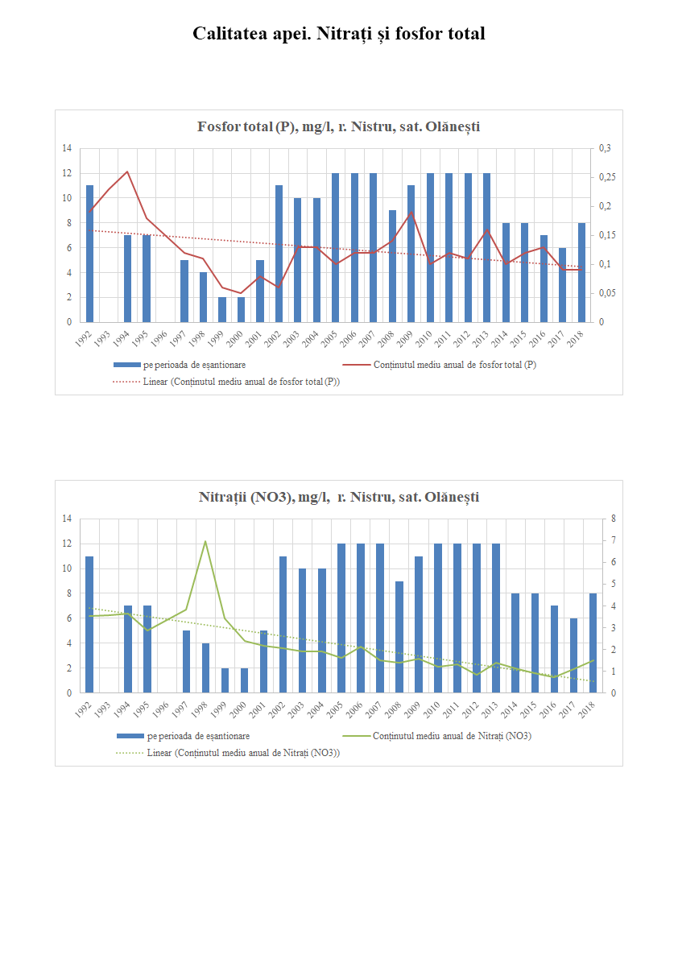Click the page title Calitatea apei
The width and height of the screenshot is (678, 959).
pyautogui.click(x=338, y=34)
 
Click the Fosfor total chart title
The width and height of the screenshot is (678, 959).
pyautogui.click(x=338, y=127)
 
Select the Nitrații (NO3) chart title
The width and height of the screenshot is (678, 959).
pyautogui.click(x=338, y=497)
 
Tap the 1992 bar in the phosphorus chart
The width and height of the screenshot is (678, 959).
pyautogui.click(x=89, y=254)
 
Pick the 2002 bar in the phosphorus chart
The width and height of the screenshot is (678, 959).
pyautogui.click(x=279, y=254)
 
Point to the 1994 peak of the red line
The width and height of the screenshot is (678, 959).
pyautogui.click(x=127, y=172)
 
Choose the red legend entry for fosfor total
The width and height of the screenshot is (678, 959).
pyautogui.click(x=455, y=365)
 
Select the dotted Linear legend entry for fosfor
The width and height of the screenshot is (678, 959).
pyautogui.click(x=241, y=382)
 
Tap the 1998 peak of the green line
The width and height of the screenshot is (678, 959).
pyautogui.click(x=205, y=541)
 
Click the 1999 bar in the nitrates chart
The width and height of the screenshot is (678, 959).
pyautogui.click(x=225, y=680)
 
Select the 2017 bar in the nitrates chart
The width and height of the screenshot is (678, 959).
pyautogui.click(x=573, y=655)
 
